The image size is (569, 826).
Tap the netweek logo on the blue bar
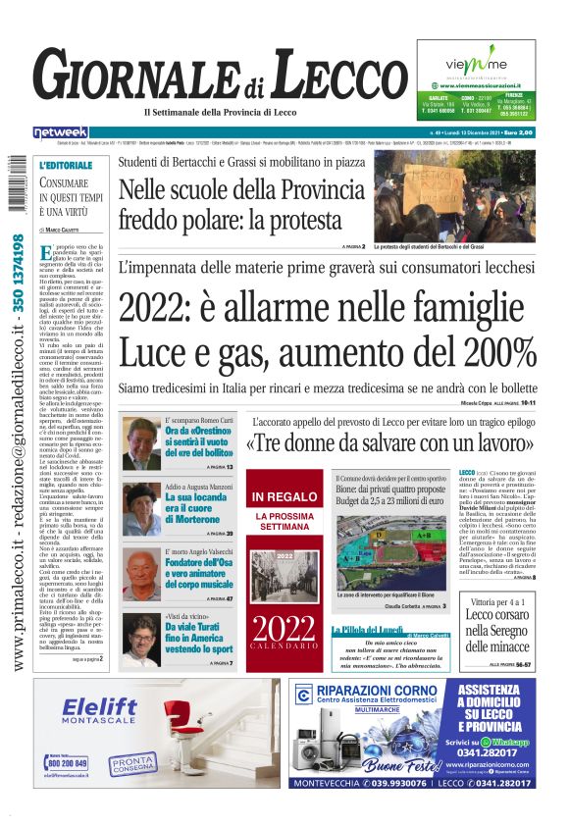click(x=60, y=131)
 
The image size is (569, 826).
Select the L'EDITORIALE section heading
click(x=66, y=165)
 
